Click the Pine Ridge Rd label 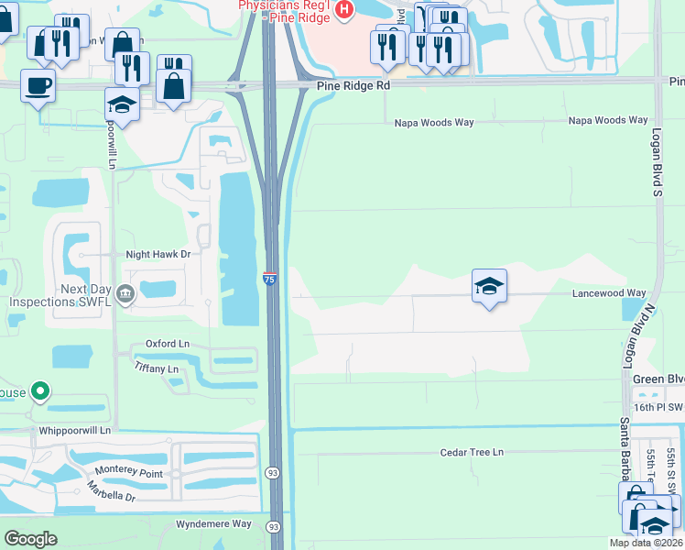(x=353, y=85)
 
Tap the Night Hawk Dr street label (x=158, y=255)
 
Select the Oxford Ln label (x=168, y=344)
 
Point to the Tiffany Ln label (x=157, y=368)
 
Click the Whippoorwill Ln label (x=74, y=430)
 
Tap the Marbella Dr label (x=112, y=491)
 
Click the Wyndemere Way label (x=212, y=523)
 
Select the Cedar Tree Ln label (x=472, y=453)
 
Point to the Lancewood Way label (x=609, y=293)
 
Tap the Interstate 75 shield (x=270, y=278)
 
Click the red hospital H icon (x=344, y=10)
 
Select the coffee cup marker (x=38, y=86)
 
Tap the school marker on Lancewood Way (x=489, y=287)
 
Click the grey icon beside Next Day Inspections (x=126, y=293)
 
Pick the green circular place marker (x=39, y=392)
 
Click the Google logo (x=31, y=538)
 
